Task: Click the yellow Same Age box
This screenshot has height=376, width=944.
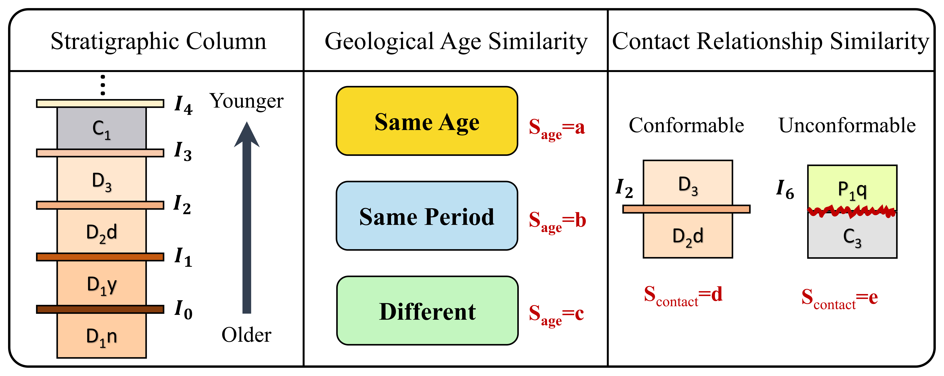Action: click(427, 121)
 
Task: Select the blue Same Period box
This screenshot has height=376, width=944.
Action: click(427, 216)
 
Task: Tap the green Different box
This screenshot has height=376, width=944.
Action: click(427, 311)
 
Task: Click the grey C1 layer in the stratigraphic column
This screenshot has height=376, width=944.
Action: click(101, 128)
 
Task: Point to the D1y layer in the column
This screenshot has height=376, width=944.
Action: click(101, 283)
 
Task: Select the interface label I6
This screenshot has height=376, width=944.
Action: click(785, 189)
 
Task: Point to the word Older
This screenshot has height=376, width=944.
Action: click(246, 335)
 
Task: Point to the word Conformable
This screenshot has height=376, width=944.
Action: click(686, 125)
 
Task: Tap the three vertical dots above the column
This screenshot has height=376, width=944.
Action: click(103, 85)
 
